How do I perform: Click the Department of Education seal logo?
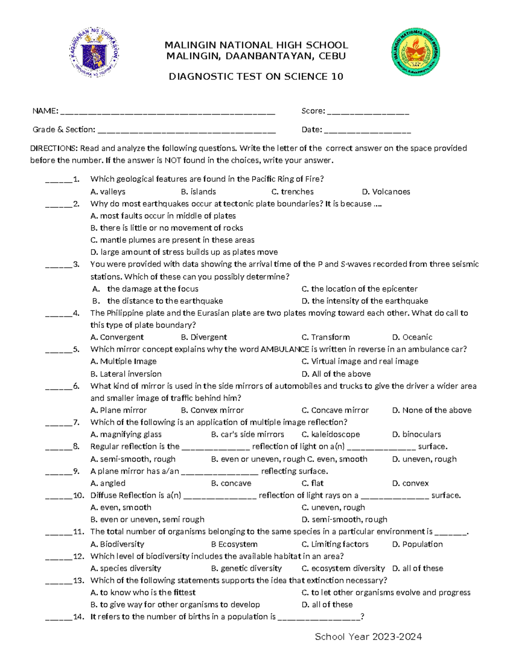[x=94, y=53]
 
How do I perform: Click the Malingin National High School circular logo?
[x=416, y=53]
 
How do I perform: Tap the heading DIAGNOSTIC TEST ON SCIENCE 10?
[x=256, y=77]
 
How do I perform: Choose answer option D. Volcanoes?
[x=386, y=192]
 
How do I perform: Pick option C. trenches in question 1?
[x=292, y=192]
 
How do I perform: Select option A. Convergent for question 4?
[x=117, y=337]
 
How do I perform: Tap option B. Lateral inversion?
[x=126, y=374]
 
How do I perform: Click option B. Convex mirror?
[x=212, y=410]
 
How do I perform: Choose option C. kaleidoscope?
[x=330, y=434]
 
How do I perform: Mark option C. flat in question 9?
[x=313, y=483]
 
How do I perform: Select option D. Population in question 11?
[x=417, y=544]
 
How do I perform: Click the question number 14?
[x=79, y=617]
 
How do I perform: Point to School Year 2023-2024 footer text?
[x=368, y=637]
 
